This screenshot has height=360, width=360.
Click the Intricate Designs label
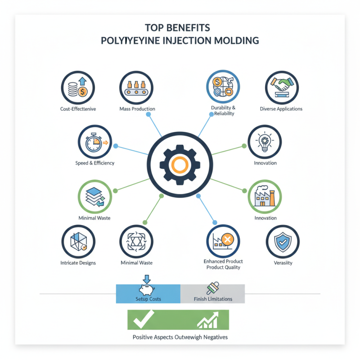point(77,263)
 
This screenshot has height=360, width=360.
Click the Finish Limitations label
point(213,299)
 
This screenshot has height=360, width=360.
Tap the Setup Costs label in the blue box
point(148,299)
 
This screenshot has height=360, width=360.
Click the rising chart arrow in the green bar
point(208,320)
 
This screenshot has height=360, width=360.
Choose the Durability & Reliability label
point(223,111)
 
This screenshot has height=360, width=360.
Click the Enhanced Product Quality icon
point(223,241)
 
